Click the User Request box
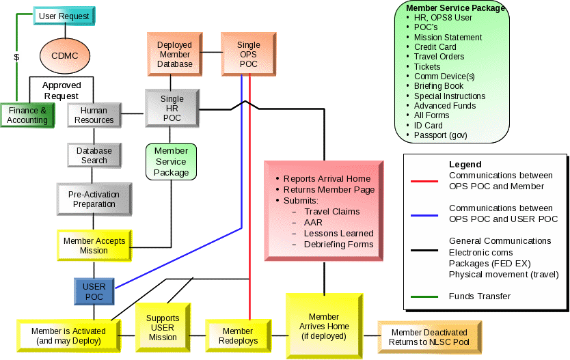coord(65,16)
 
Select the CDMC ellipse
coord(66,56)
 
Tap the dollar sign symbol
coord(16,57)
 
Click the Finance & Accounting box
coord(27,115)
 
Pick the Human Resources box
coord(94,115)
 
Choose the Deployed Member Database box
coord(174,55)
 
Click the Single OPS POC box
coord(249,55)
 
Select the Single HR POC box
coord(172,109)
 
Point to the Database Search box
coord(94,156)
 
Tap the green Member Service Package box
coord(171,162)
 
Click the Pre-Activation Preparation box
coord(94,199)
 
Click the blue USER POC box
coord(94,292)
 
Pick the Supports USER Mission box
coord(163,327)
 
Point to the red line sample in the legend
coord(424,181)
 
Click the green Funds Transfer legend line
coord(424,296)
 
